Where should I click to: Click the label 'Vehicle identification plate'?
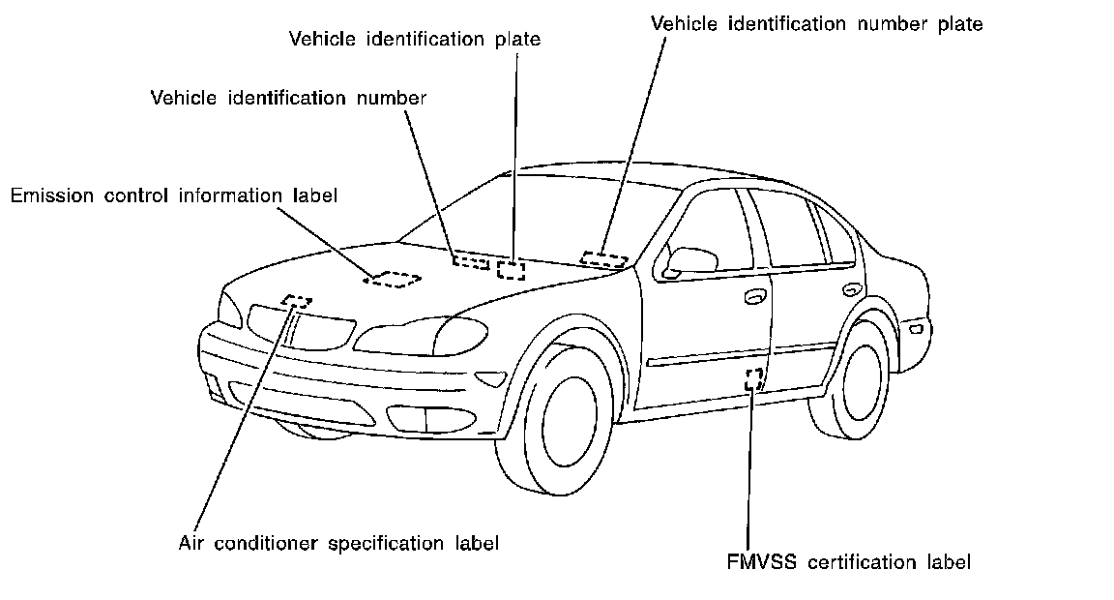coord(415,40)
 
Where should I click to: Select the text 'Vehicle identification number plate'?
coord(817,24)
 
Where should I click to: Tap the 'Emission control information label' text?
coord(174,196)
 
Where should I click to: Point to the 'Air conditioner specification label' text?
coord(338,543)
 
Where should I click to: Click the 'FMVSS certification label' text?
coord(848,561)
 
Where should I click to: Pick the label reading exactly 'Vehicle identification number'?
coord(288,98)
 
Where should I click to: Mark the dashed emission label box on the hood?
coord(394,279)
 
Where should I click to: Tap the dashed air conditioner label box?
coord(298,302)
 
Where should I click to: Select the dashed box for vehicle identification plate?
coord(511,269)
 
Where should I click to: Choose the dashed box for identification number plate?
coord(604,258)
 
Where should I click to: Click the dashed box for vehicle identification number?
coord(471,261)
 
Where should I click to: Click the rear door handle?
coord(851,289)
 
